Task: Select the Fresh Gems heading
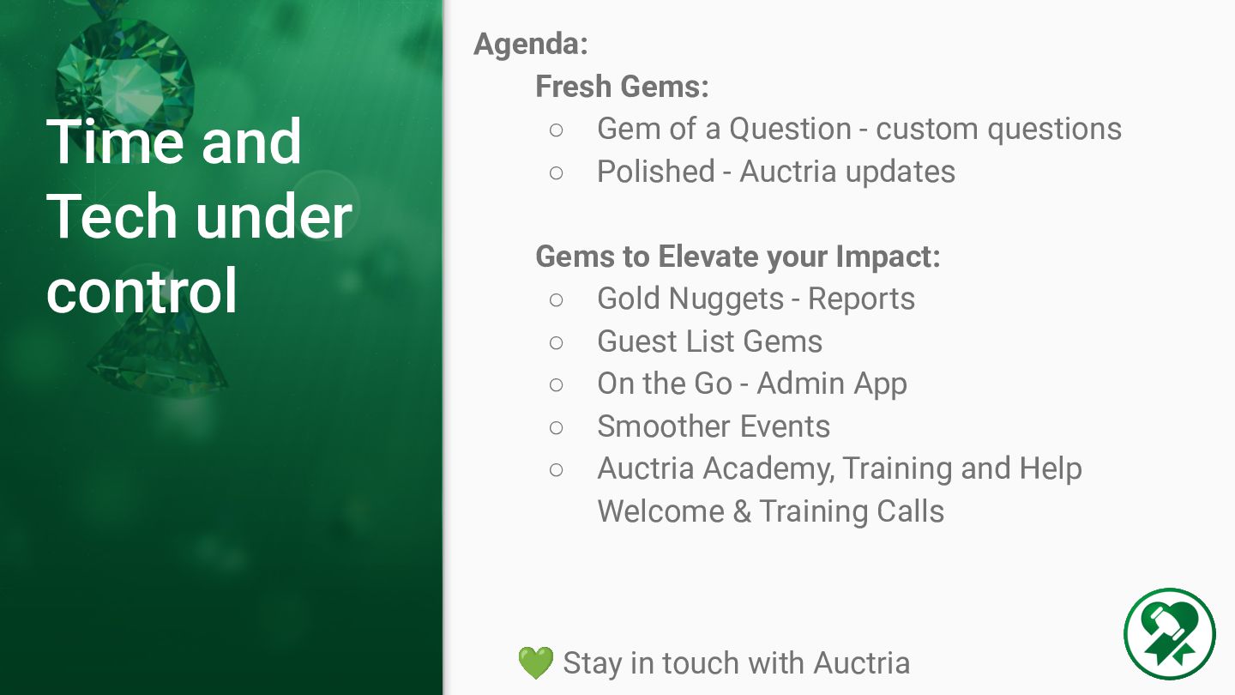coord(622,87)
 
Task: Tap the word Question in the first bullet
coord(790,130)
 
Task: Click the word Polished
coord(656,171)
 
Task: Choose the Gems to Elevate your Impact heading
coord(738,257)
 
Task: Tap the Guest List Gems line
coord(709,341)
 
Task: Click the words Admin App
coord(831,384)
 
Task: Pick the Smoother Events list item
coord(714,426)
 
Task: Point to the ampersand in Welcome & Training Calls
coord(742,512)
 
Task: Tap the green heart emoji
coord(536,662)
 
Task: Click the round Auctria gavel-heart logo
coord(1170,634)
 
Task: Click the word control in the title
coord(142,291)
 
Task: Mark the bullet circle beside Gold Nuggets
coord(557,300)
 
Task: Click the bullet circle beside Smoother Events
coord(557,427)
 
